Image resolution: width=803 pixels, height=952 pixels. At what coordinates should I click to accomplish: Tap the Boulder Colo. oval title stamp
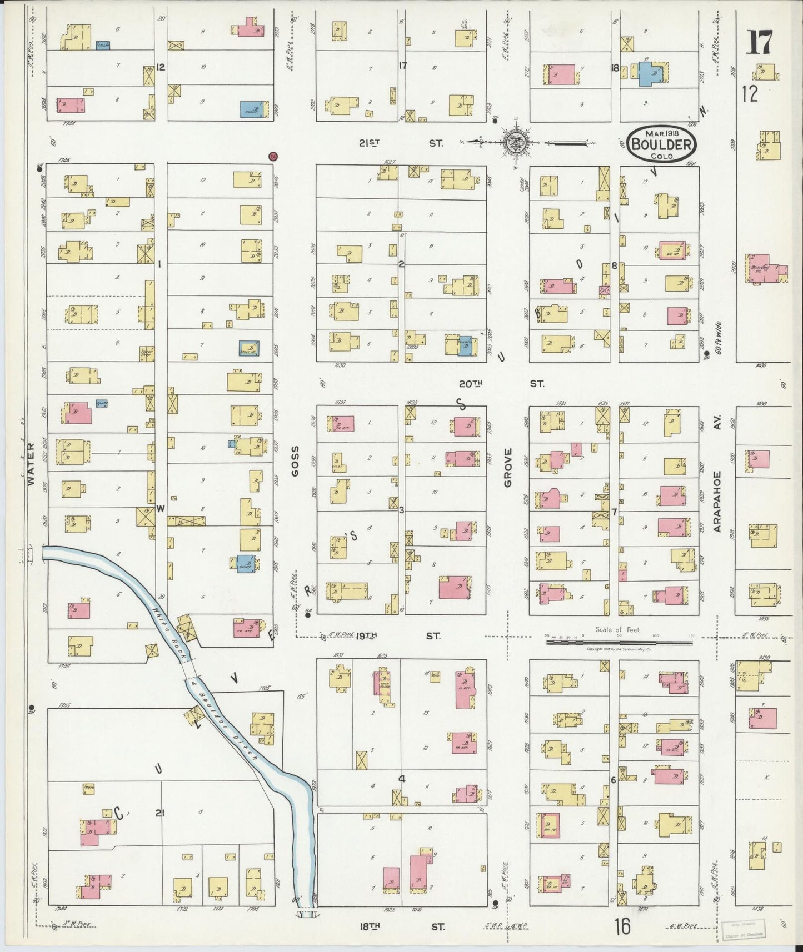661,144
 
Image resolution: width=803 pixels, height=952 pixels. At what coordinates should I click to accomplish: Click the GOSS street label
295,460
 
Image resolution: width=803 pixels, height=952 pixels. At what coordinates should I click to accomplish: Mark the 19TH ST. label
395,635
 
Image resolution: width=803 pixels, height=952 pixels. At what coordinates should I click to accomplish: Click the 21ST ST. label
400,143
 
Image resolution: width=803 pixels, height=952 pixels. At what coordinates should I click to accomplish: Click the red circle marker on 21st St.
272,157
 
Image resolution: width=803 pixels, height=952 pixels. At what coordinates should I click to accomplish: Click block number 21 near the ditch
160,813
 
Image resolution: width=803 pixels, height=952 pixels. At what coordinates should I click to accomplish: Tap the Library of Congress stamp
742,930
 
